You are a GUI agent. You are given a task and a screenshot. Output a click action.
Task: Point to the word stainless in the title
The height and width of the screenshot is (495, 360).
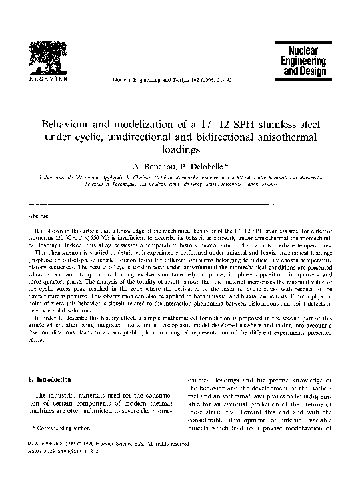click(x=267, y=124)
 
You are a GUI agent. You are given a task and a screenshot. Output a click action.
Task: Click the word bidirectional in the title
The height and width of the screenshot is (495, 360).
click(x=224, y=137)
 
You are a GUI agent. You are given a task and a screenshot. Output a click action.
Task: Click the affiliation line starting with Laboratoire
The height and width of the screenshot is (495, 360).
click(x=179, y=180)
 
